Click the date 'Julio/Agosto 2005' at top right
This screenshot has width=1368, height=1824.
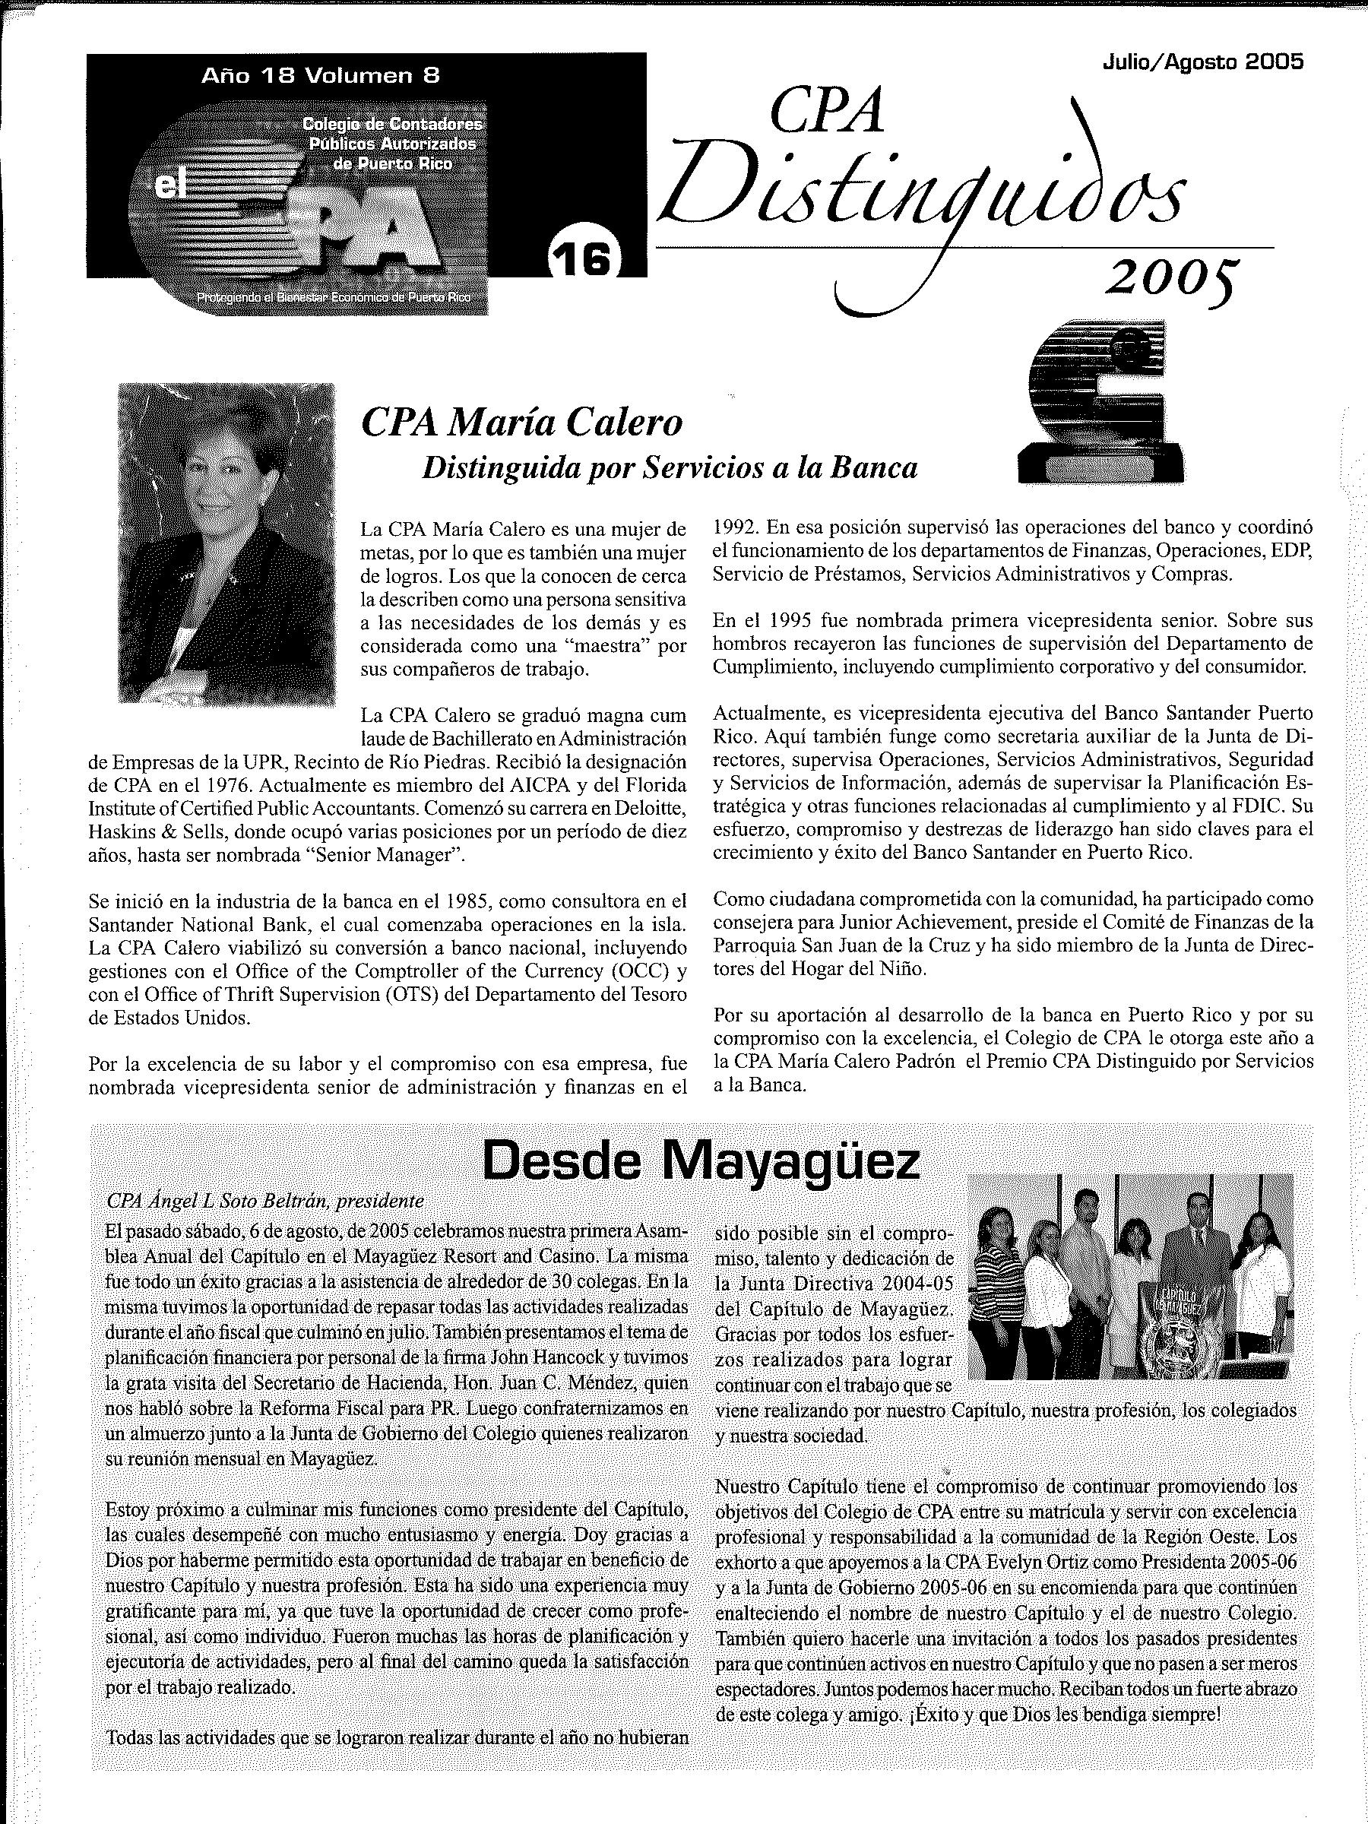coord(1202,62)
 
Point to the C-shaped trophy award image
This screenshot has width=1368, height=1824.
coord(1099,401)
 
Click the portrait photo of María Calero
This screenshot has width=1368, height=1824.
coord(226,543)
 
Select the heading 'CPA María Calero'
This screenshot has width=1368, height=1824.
coord(522,423)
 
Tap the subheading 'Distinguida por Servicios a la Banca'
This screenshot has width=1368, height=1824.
coord(670,468)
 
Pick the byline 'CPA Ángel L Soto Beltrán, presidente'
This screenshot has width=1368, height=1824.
coord(265,1201)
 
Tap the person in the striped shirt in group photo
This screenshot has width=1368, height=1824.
coord(999,1287)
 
